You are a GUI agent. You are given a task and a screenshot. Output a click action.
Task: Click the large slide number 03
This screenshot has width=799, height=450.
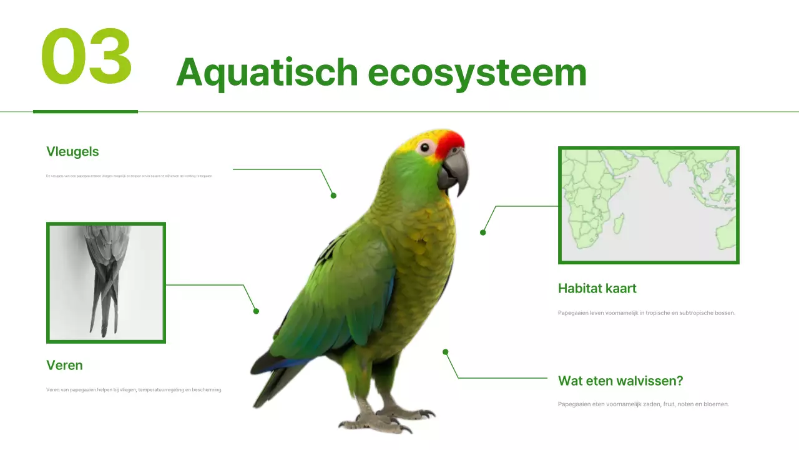coord(87,57)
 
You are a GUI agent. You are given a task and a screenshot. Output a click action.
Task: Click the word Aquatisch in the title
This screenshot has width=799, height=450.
coord(267,73)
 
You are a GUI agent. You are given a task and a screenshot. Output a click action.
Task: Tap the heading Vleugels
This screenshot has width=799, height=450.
coord(72,151)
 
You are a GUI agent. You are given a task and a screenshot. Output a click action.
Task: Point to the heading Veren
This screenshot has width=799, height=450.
coord(64,365)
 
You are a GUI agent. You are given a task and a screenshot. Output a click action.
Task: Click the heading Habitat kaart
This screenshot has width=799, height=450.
coord(597,288)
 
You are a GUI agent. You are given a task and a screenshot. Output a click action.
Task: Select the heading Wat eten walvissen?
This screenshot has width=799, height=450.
coord(620,381)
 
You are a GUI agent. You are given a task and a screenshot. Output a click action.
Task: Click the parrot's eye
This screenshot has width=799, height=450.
coord(426,147)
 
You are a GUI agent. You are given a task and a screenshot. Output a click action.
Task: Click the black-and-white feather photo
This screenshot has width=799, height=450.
coord(106,282)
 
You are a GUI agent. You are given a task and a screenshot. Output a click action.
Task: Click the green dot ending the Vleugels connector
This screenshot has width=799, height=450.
coord(333,196)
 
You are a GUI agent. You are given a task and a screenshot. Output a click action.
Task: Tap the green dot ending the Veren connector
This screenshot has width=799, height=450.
coord(256,311)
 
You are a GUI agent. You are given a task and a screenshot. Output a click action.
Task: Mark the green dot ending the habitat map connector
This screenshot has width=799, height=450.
coord(483,232)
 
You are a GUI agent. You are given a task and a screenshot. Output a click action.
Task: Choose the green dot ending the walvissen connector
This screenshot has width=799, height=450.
coord(446,352)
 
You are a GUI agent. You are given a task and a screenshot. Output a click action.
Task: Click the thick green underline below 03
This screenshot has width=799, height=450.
coord(85,111)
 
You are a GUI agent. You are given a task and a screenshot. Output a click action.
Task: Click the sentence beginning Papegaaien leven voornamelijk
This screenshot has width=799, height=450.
coord(646,312)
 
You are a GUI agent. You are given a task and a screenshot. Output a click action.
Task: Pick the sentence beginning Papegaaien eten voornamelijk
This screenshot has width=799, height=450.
coord(643,404)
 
